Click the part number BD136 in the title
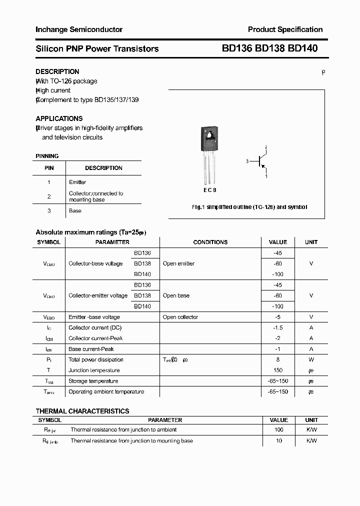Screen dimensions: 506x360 pos(237,48)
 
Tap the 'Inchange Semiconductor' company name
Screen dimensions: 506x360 pos(79,29)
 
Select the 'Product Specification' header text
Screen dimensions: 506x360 pos(285,29)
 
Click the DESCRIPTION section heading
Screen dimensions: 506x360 pos(57,71)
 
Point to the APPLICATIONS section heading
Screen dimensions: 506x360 pos(59,118)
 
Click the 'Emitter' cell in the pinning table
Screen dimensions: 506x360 pos(77,182)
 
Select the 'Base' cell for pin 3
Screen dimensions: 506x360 pos(75,210)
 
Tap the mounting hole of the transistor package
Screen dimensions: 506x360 pos(210,134)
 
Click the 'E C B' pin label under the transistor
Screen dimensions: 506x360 pos(210,190)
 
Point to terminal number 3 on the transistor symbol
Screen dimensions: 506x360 pos(247,161)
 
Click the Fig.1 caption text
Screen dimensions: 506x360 pos(249,206)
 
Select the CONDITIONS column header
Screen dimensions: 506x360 pos(210,242)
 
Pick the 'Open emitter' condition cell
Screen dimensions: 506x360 pos(178,263)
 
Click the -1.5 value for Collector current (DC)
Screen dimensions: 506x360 pos(278,327)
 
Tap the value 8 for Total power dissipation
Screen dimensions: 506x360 pos(278,359)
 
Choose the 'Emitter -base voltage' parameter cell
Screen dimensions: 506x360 pos(94,317)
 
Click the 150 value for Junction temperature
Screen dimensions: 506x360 pos(278,370)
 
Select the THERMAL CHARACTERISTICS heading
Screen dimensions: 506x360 pos(82,411)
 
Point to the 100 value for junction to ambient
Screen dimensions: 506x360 pos(278,429)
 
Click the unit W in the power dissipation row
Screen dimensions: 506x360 pos(311,359)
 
